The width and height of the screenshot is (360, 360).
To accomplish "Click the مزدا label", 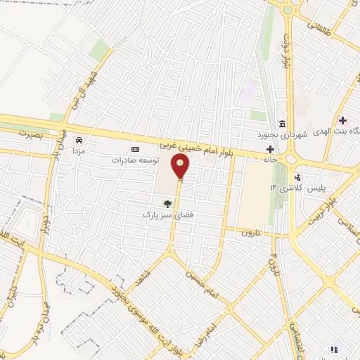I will [x=79, y=150].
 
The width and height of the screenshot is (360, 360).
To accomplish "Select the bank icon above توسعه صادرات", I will [x=135, y=149].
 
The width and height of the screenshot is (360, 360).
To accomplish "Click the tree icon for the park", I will [x=167, y=205].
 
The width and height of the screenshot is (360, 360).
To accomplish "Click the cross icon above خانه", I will [x=270, y=149].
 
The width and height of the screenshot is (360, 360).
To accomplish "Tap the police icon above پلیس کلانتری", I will [x=299, y=176].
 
